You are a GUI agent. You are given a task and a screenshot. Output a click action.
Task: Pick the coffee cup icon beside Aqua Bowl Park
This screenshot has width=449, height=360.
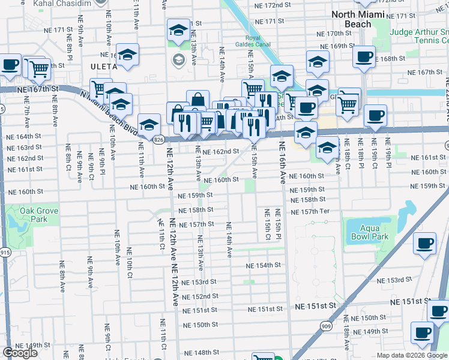(425, 244)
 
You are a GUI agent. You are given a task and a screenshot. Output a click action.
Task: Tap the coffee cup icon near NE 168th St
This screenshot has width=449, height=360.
(364, 57)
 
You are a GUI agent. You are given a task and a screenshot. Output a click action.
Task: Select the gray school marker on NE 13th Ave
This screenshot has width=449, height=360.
(178, 59)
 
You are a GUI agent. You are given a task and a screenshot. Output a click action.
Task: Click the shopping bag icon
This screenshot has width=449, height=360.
(197, 100)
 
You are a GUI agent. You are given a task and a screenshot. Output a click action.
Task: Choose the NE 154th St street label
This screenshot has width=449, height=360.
(263, 265)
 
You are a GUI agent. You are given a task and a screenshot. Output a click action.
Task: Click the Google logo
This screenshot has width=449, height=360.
(20, 353)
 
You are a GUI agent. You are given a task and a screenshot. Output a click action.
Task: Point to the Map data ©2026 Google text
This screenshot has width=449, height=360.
(412, 355)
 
